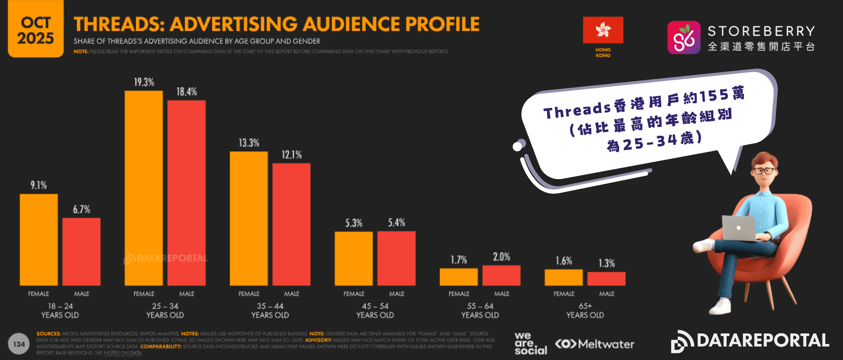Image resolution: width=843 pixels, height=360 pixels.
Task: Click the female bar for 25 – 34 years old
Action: click(x=144, y=188)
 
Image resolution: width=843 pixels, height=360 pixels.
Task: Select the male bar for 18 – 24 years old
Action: click(x=81, y=252)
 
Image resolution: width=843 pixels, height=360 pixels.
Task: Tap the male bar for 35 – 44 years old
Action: click(x=291, y=224)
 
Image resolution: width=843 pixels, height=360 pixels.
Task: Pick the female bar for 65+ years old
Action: click(x=564, y=277)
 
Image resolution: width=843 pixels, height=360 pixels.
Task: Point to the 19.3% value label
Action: click(x=144, y=82)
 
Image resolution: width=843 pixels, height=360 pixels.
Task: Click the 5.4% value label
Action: click(x=397, y=223)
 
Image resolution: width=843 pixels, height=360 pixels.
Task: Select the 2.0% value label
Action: click(x=502, y=257)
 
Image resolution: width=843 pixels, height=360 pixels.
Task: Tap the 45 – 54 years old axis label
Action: click(x=375, y=310)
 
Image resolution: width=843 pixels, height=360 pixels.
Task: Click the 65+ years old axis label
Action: click(x=585, y=310)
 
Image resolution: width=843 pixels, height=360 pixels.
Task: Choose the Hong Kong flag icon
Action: click(x=603, y=30)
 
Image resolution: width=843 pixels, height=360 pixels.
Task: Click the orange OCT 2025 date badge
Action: click(x=36, y=30)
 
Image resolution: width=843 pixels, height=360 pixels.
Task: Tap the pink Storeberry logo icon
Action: click(x=684, y=38)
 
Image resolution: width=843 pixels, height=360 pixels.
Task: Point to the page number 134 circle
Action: click(x=19, y=344)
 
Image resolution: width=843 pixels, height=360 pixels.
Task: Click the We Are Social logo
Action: click(x=530, y=344)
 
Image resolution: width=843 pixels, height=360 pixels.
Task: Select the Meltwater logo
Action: click(x=595, y=344)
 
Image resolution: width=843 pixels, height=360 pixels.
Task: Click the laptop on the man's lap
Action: click(x=738, y=228)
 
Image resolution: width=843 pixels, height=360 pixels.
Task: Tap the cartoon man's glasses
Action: click(x=764, y=171)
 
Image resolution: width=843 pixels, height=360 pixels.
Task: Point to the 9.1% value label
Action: click(x=39, y=185)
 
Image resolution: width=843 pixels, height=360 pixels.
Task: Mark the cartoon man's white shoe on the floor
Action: click(x=720, y=306)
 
